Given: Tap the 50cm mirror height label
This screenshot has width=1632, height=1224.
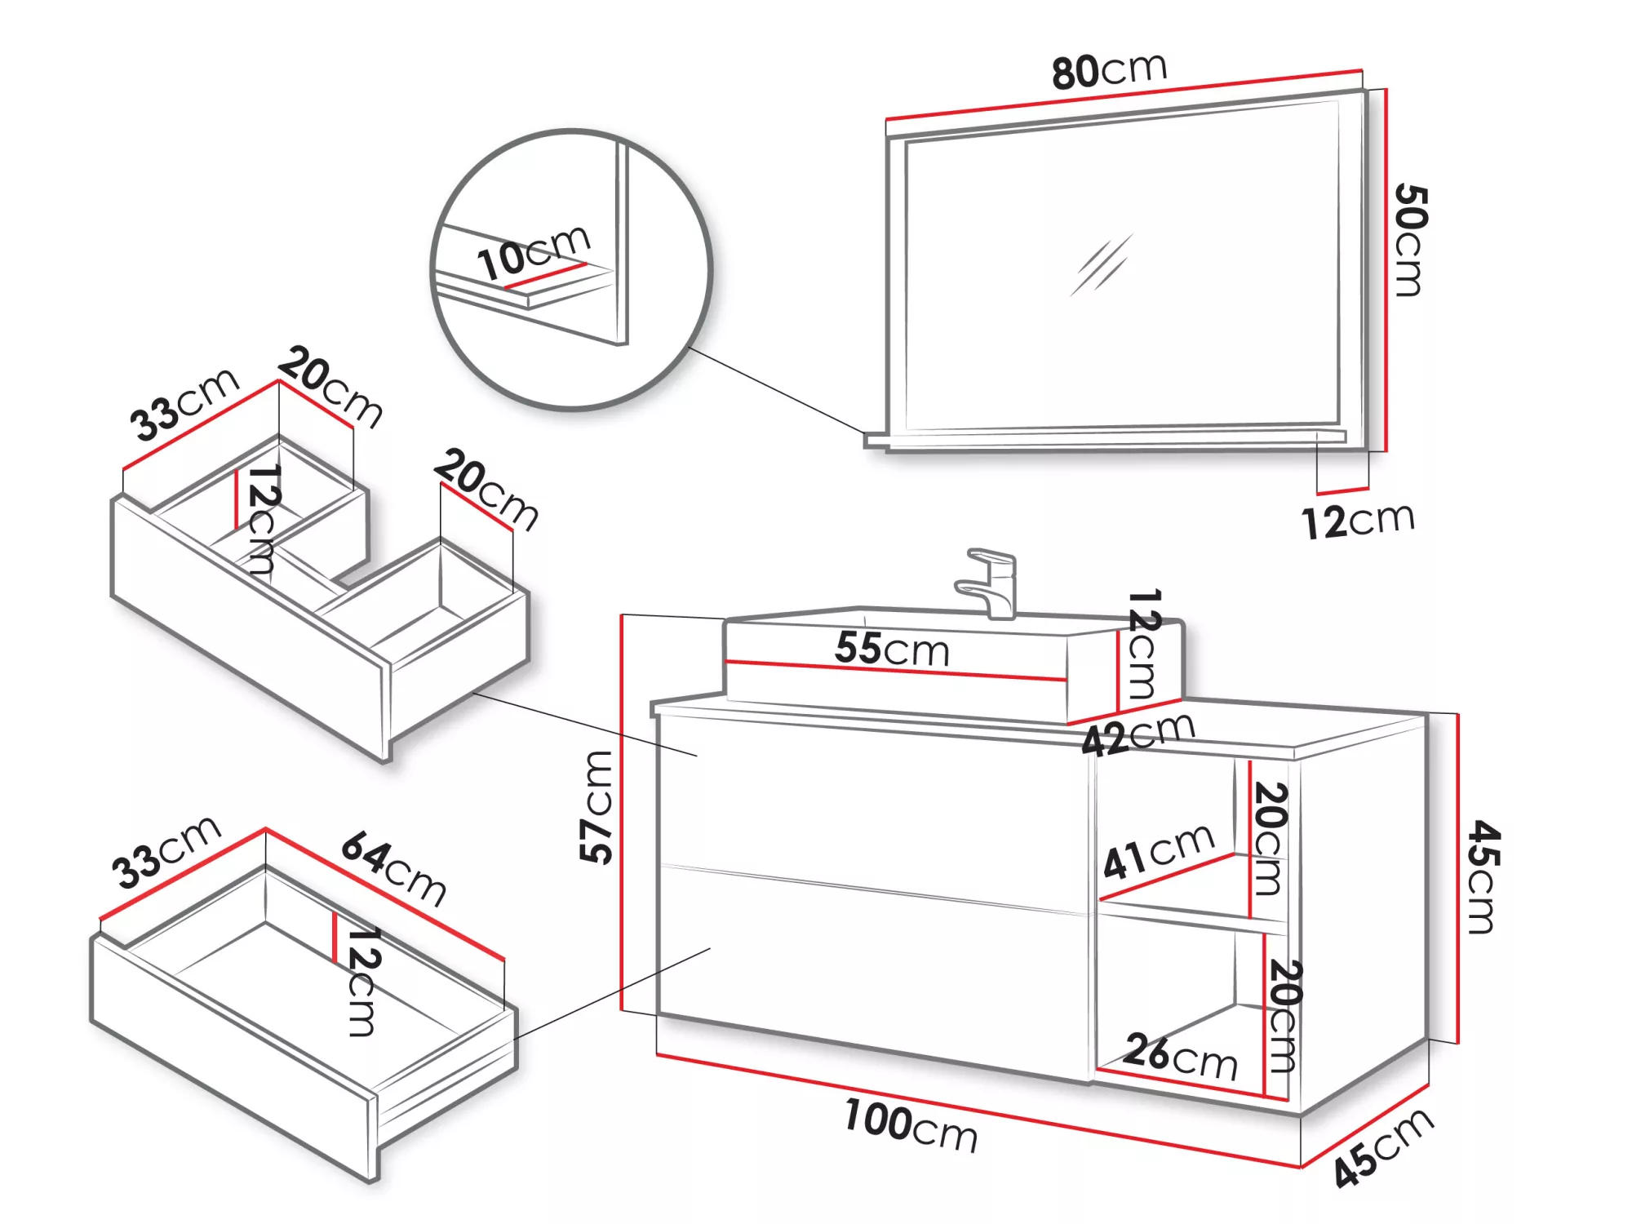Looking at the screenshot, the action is pyautogui.click(x=1411, y=241).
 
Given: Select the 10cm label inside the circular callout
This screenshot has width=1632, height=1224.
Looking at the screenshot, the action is pyautogui.click(x=534, y=251).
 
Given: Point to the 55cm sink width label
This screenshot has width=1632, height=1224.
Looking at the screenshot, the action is pyautogui.click(x=892, y=649).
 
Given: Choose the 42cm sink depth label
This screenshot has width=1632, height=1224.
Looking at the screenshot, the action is pyautogui.click(x=1138, y=734).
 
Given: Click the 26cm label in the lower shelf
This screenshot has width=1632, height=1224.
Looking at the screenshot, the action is pyautogui.click(x=1181, y=1057).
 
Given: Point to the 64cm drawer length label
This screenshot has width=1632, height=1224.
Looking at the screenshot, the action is pyautogui.click(x=393, y=869).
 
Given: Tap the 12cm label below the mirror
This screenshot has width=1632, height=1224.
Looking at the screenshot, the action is pyautogui.click(x=1358, y=521).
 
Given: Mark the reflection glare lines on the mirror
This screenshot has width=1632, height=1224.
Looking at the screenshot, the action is pyautogui.click(x=1102, y=264).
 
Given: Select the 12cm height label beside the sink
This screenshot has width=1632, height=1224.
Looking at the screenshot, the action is pyautogui.click(x=1142, y=645).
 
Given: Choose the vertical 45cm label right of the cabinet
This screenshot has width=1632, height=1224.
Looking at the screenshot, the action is pyautogui.click(x=1482, y=877).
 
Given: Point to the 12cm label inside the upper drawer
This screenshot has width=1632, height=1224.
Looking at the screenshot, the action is pyautogui.click(x=263, y=520).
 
